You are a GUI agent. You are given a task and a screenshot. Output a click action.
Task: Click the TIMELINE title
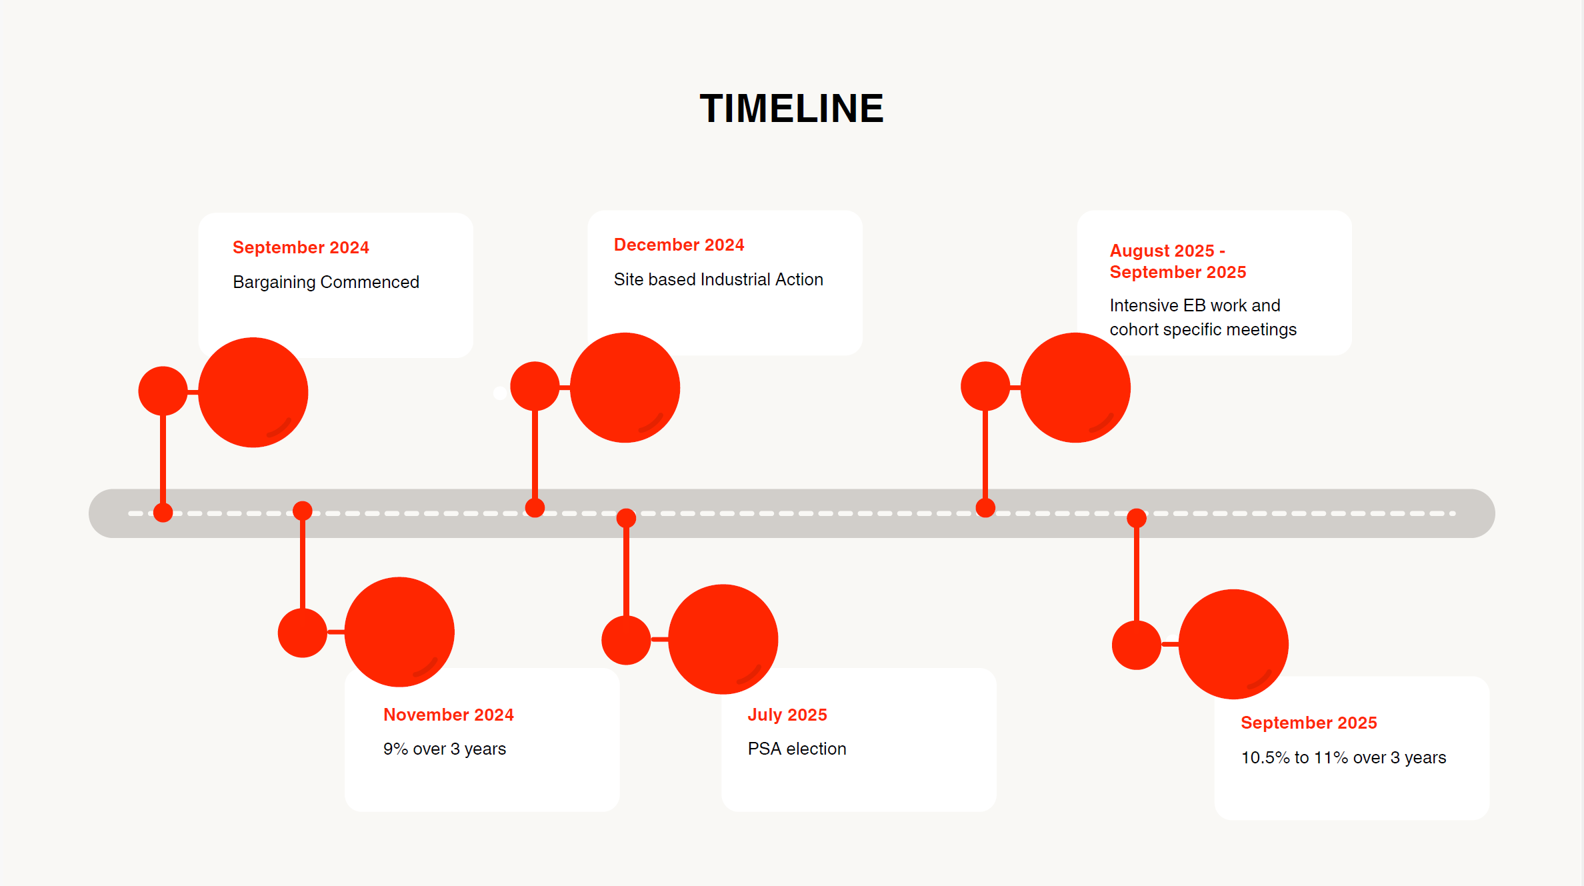(791, 109)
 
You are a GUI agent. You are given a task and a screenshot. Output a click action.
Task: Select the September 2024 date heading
(301, 247)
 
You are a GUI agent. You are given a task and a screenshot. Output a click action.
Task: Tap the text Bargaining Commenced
(326, 282)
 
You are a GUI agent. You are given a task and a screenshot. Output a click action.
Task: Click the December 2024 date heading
(679, 245)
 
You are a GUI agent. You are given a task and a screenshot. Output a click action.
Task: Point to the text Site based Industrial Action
(718, 279)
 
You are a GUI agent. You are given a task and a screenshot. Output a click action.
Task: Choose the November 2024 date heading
(448, 715)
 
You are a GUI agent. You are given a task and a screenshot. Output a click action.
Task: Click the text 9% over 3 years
(444, 749)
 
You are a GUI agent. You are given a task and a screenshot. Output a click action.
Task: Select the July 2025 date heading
(787, 715)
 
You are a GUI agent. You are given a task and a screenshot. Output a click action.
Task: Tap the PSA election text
(797, 749)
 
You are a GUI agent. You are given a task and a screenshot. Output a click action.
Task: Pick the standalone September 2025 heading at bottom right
(1309, 723)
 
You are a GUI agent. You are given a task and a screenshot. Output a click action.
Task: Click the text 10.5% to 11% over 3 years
(1343, 757)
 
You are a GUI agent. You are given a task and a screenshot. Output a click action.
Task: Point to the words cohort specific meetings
(1203, 329)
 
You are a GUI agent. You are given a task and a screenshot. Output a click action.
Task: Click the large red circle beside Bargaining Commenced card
(253, 392)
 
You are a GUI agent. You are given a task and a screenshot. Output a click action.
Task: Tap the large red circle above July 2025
(723, 639)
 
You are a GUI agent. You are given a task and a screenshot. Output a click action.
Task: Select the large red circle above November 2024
(399, 631)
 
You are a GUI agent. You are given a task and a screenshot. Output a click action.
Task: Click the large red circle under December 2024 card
(625, 387)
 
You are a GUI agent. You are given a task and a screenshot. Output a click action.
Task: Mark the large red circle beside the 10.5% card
(1233, 644)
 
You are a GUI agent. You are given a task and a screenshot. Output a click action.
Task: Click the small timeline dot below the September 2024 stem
(163, 513)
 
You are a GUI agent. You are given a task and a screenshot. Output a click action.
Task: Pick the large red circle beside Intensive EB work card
(1075, 387)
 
